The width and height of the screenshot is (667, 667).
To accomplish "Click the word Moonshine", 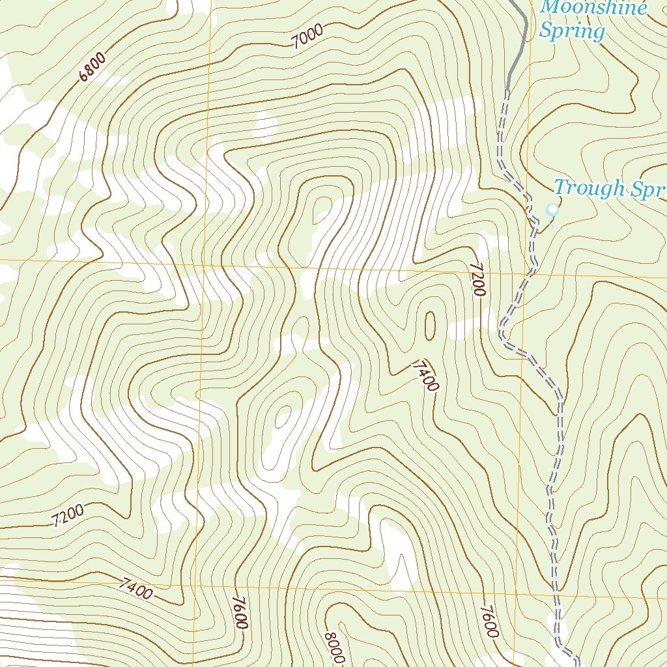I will click(594, 8).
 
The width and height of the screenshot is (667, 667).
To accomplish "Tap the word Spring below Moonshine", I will click(573, 31).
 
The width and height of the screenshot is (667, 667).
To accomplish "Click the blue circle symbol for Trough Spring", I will click(552, 210).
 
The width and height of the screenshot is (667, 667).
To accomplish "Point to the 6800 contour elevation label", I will click(92, 68).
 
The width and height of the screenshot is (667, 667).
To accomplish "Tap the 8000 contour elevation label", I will click(334, 647).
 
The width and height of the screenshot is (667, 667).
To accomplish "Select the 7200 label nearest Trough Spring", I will click(478, 280).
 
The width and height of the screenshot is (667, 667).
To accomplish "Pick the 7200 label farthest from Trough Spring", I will click(68, 515).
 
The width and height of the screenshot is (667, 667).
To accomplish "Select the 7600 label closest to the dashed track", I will click(489, 621).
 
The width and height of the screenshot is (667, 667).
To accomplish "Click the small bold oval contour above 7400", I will click(430, 325).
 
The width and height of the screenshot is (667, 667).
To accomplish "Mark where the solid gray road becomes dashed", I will click(507, 89).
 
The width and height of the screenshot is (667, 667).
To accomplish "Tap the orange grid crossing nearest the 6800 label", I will click(207, 264).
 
